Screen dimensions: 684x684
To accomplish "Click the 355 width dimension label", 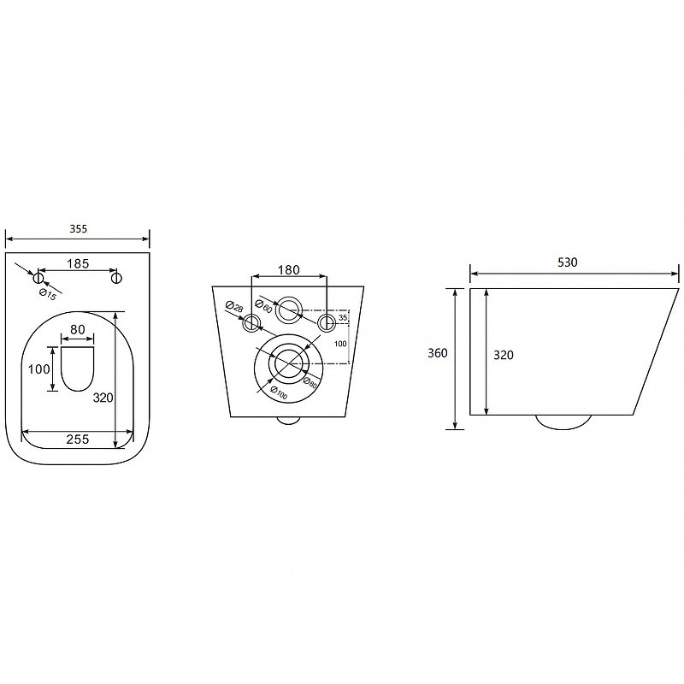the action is coord(79,228).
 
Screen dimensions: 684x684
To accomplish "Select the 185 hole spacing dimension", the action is coord(78,263).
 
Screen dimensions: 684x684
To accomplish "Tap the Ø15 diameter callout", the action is coord(48,294).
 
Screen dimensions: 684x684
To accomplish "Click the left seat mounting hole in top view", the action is coord(38,277).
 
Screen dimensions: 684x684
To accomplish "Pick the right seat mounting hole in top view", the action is coord(116,277).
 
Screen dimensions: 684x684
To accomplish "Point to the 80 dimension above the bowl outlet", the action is coord(78,329).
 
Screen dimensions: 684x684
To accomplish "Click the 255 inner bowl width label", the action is coord(78,439).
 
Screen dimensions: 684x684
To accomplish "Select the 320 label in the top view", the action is coord(103,398).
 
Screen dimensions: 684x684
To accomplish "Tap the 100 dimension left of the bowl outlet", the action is coord(38,369).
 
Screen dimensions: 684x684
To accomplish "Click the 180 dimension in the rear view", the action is coord(289,270).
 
